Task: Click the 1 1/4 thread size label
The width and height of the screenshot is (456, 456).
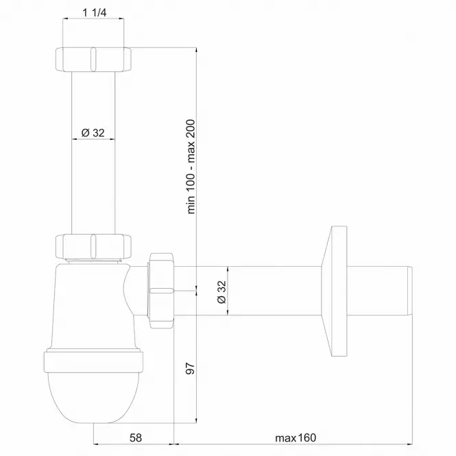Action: (95, 12)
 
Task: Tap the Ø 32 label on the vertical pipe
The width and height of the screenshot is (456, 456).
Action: (93, 133)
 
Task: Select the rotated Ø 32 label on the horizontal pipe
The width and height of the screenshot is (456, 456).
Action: (221, 291)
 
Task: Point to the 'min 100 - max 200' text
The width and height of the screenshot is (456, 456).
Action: (191, 167)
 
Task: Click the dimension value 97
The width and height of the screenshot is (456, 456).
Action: (190, 368)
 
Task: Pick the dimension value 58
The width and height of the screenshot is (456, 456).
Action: (136, 437)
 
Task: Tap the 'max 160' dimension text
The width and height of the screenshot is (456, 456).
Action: (296, 437)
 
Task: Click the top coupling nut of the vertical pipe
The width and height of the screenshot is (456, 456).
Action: (93, 60)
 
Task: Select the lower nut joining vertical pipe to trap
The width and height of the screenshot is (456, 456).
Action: (93, 246)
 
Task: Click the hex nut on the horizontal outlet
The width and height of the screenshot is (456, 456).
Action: (162, 291)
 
